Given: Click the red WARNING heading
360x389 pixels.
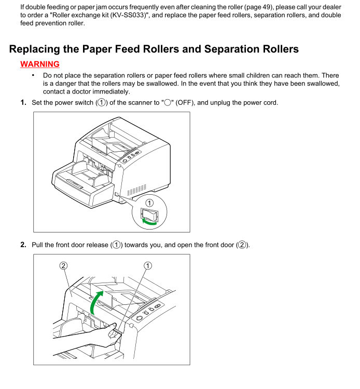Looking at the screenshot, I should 40,64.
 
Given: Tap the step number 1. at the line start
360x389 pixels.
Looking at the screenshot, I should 24,102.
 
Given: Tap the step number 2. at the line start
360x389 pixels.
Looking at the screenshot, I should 24,245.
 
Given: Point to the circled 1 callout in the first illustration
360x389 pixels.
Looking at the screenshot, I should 149,203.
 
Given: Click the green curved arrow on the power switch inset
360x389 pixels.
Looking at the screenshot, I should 149,222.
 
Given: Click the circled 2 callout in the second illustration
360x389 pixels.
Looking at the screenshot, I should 63,265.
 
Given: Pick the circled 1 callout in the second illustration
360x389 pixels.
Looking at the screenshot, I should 148,265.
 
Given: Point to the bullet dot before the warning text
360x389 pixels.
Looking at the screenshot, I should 33,76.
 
